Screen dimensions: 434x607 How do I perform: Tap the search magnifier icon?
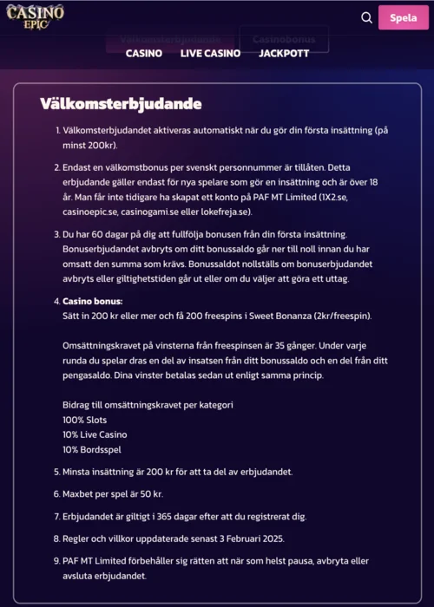point(366,17)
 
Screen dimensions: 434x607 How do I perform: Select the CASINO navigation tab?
point(144,54)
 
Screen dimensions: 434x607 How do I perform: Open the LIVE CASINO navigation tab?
point(210,54)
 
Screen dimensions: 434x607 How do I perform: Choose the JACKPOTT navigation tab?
point(284,54)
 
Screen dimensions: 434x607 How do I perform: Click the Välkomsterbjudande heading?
point(121,104)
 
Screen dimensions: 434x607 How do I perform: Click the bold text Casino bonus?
point(91,301)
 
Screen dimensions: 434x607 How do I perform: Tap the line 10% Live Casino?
point(95,434)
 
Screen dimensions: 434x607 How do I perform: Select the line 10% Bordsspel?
point(92,449)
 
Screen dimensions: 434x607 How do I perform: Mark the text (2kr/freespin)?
point(345,316)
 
